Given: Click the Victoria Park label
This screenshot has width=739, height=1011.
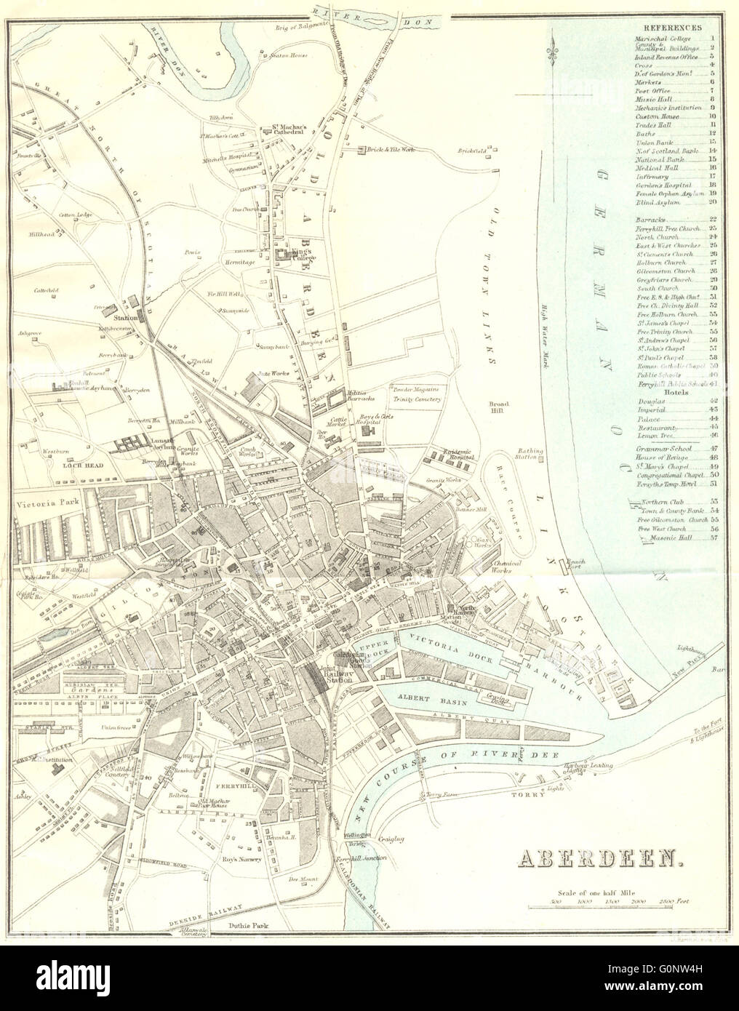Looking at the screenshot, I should click(x=42, y=501).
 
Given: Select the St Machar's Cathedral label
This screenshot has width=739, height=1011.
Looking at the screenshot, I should click(x=289, y=128).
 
